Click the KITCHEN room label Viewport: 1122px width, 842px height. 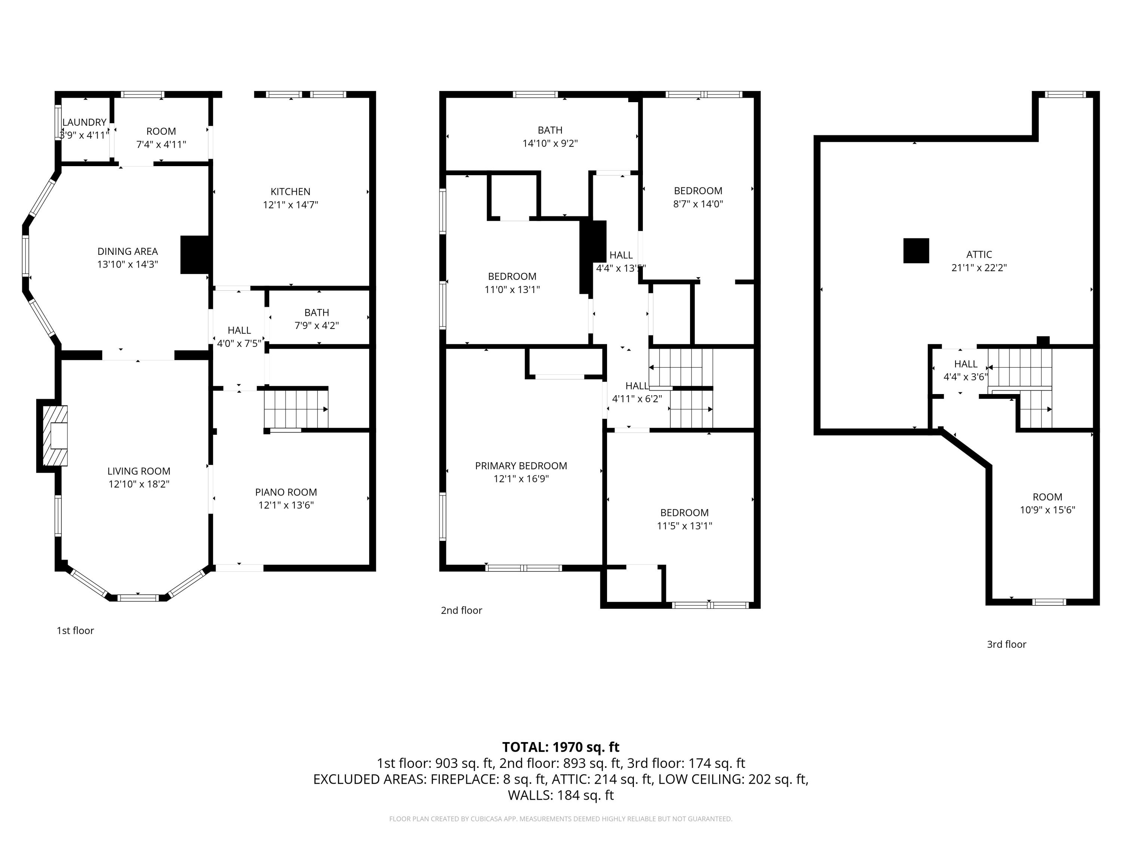(x=290, y=191)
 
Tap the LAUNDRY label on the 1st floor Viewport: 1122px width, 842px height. (x=84, y=122)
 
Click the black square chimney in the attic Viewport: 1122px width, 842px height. (x=916, y=251)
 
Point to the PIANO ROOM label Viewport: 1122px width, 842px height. (x=286, y=492)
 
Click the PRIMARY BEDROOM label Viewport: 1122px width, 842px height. (x=521, y=466)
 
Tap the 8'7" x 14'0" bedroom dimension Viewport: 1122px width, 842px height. (x=698, y=204)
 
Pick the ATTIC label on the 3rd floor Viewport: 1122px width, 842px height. (x=978, y=254)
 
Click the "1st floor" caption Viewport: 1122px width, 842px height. (x=75, y=630)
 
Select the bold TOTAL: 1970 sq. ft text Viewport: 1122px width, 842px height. (x=561, y=747)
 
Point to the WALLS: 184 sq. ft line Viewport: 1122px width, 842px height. (x=561, y=795)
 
